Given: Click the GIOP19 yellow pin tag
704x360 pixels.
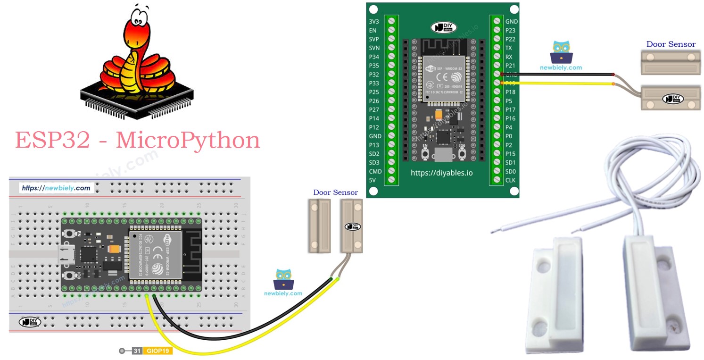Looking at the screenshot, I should click(x=158, y=351).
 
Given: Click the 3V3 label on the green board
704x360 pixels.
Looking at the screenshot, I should click(x=373, y=22).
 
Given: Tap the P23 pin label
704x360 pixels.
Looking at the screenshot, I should click(x=510, y=30).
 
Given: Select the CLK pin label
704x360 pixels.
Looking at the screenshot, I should click(x=511, y=180).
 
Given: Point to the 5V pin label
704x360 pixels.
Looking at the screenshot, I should click(x=373, y=180).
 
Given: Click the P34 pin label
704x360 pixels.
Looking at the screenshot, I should click(x=374, y=57).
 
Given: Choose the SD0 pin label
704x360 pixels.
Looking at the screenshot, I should click(x=511, y=171).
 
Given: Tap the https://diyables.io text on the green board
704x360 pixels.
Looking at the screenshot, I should click(x=441, y=173).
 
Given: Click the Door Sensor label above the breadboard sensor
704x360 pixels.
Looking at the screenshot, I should click(x=335, y=193).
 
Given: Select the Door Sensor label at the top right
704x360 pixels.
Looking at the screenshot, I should click(x=671, y=44).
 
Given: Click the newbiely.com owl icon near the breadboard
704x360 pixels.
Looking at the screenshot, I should click(x=283, y=279).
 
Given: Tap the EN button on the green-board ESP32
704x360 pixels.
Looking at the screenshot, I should click(x=425, y=154).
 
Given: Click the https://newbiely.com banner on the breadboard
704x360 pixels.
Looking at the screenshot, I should click(x=56, y=188).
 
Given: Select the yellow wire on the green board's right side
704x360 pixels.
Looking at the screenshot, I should click(x=556, y=83).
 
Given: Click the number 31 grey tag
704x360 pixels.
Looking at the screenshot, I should click(x=137, y=351).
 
